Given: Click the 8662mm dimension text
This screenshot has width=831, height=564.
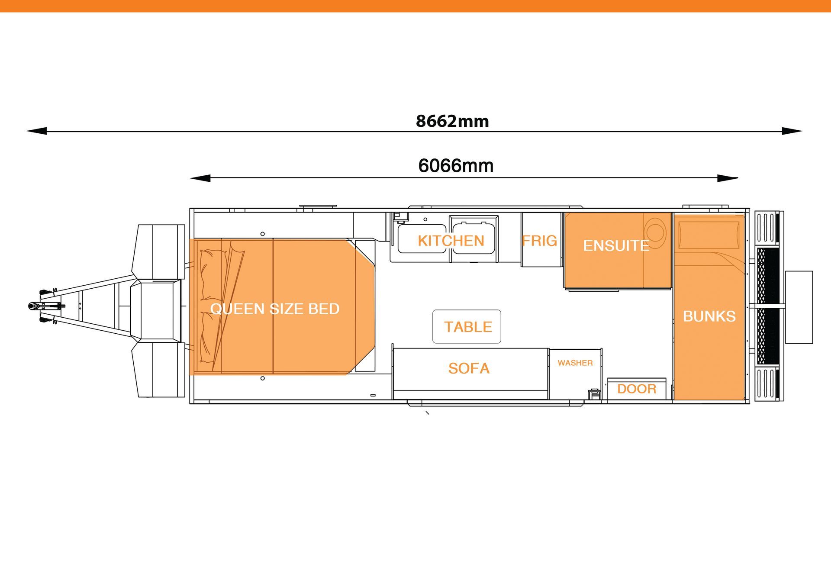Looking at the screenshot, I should click(x=452, y=121).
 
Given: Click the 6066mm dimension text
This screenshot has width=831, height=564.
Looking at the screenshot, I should click(x=456, y=166).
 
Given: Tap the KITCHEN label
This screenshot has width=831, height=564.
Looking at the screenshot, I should click(x=451, y=241).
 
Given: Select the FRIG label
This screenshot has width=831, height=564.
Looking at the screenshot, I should click(x=539, y=241).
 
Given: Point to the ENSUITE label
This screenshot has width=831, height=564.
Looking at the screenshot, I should click(x=616, y=246).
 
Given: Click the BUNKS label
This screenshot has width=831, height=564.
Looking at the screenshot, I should click(x=709, y=316).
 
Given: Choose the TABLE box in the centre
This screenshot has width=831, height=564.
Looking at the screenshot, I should click(x=467, y=327).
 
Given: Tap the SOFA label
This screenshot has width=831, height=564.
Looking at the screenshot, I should click(x=469, y=368).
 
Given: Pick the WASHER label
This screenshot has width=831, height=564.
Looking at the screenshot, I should click(x=575, y=363).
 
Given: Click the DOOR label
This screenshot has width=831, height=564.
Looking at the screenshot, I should click(x=637, y=389).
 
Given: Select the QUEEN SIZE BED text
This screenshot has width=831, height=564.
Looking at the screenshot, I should click(x=275, y=309).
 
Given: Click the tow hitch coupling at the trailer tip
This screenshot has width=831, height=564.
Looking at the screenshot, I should click(x=32, y=306).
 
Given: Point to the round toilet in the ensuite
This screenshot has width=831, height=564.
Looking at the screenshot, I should click(x=654, y=232).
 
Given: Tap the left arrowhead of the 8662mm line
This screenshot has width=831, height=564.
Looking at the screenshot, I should click(x=37, y=131).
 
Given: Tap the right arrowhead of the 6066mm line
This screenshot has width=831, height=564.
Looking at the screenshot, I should click(x=728, y=178).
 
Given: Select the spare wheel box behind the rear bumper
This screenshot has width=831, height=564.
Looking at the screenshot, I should click(x=799, y=307).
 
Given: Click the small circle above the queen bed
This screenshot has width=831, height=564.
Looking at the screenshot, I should click(x=263, y=234).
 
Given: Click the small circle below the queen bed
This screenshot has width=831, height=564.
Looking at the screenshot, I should click(x=263, y=378).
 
